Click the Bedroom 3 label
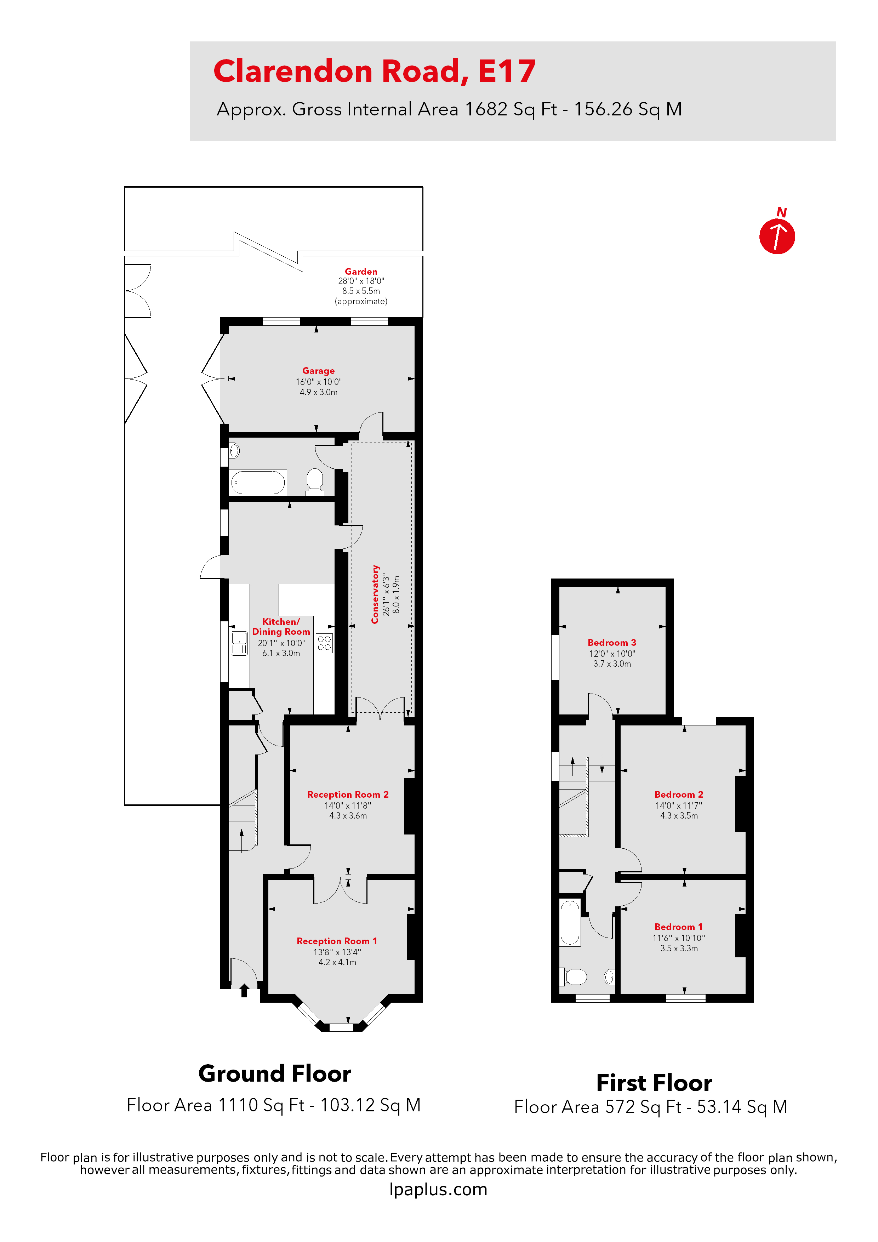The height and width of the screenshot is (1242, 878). click(612, 642)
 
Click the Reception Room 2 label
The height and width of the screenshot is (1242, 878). click(348, 794)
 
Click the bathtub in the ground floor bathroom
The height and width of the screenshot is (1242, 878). click(258, 483)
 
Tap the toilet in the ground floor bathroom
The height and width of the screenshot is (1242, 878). click(315, 480)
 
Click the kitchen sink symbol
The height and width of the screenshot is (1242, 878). click(239, 643)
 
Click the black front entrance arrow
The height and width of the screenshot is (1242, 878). click(244, 991)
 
